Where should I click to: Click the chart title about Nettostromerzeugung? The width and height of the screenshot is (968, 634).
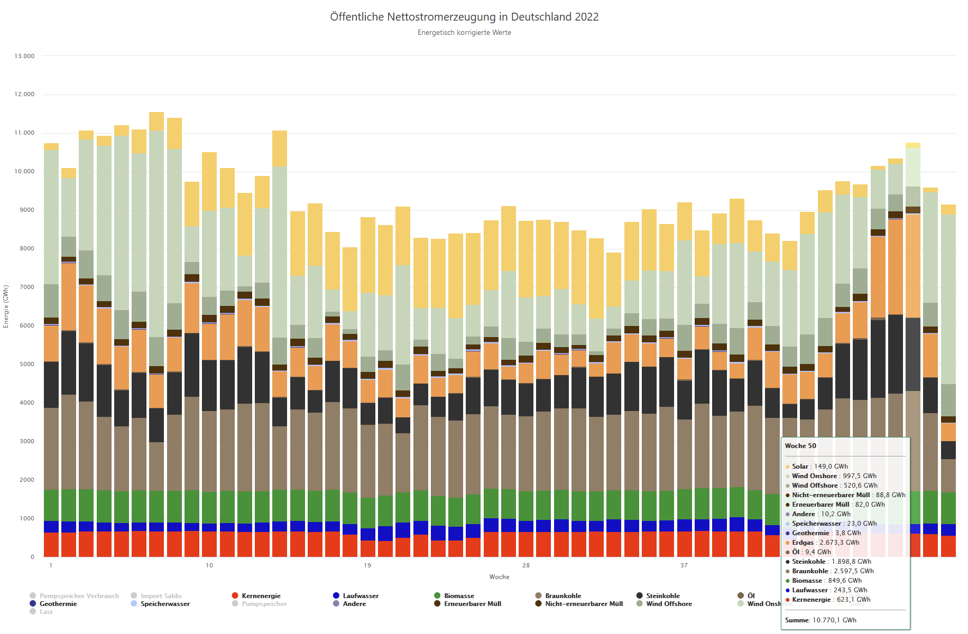(464, 17)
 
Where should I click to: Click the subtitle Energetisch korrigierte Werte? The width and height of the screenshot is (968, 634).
(464, 33)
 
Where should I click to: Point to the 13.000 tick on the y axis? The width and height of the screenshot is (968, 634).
(24, 56)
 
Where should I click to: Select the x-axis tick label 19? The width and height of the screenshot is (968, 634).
(367, 565)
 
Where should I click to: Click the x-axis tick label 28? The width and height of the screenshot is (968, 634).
(526, 565)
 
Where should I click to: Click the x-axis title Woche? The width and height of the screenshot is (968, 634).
(499, 577)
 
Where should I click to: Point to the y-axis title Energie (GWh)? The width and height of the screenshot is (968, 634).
(6, 306)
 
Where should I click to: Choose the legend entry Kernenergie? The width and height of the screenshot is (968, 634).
(261, 596)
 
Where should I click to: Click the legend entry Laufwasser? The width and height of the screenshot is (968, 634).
(361, 596)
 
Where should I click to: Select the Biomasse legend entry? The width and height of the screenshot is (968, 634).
(459, 596)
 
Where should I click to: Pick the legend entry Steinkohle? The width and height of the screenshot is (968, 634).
(662, 596)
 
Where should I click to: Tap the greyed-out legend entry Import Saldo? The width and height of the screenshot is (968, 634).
(161, 596)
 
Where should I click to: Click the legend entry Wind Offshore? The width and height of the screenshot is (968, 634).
(669, 604)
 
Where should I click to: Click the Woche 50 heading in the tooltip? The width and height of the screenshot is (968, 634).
(800, 446)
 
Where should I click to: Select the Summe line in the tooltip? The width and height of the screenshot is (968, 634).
(821, 620)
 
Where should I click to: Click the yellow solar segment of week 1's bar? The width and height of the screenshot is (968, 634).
(51, 146)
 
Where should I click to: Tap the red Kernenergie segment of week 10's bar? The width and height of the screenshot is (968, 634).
(209, 544)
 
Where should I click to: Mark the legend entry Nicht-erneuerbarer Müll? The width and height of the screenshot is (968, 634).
(584, 604)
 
